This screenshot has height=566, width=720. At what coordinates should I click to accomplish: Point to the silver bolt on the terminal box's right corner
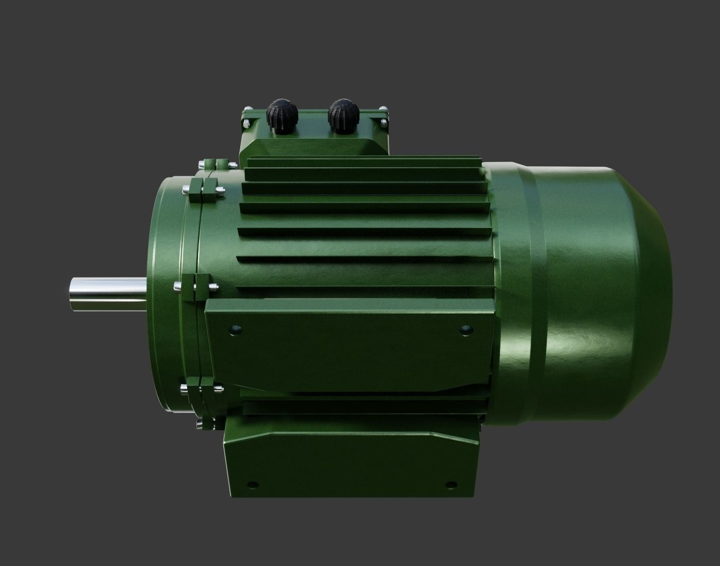click(384, 123)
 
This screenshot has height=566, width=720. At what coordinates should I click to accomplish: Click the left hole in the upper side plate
click(236, 328)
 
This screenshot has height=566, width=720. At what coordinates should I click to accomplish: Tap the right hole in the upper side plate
click(465, 328)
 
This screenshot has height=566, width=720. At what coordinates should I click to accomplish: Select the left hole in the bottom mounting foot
click(252, 485)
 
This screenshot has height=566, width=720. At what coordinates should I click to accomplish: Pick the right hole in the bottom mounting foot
click(451, 484)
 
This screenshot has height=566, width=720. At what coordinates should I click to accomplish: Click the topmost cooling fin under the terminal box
click(365, 164)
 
